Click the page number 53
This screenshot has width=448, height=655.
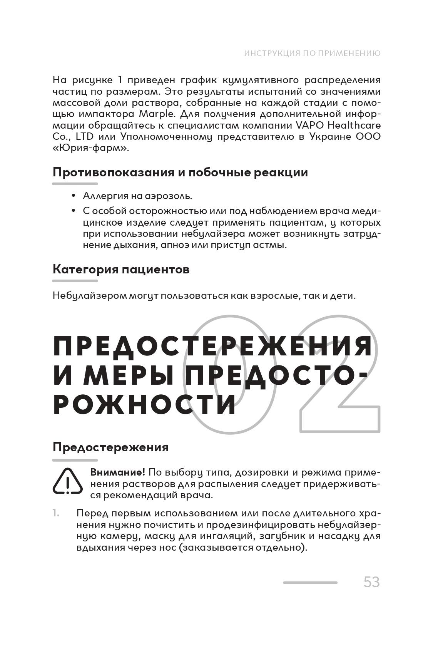[371, 582]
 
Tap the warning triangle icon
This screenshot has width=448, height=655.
[68, 481]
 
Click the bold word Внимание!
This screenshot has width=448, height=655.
[117, 472]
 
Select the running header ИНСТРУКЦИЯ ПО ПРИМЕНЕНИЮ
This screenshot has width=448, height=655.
[312, 53]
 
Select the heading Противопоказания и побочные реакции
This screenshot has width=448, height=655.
[180, 172]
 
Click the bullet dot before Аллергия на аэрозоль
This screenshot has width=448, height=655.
[73, 196]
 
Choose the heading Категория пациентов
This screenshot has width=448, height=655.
[121, 269]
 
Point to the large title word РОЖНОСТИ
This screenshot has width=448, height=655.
[144, 404]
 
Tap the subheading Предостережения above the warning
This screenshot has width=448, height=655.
[110, 447]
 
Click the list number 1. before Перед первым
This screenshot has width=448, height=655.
[56, 513]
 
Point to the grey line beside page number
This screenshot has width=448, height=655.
[310, 583]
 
